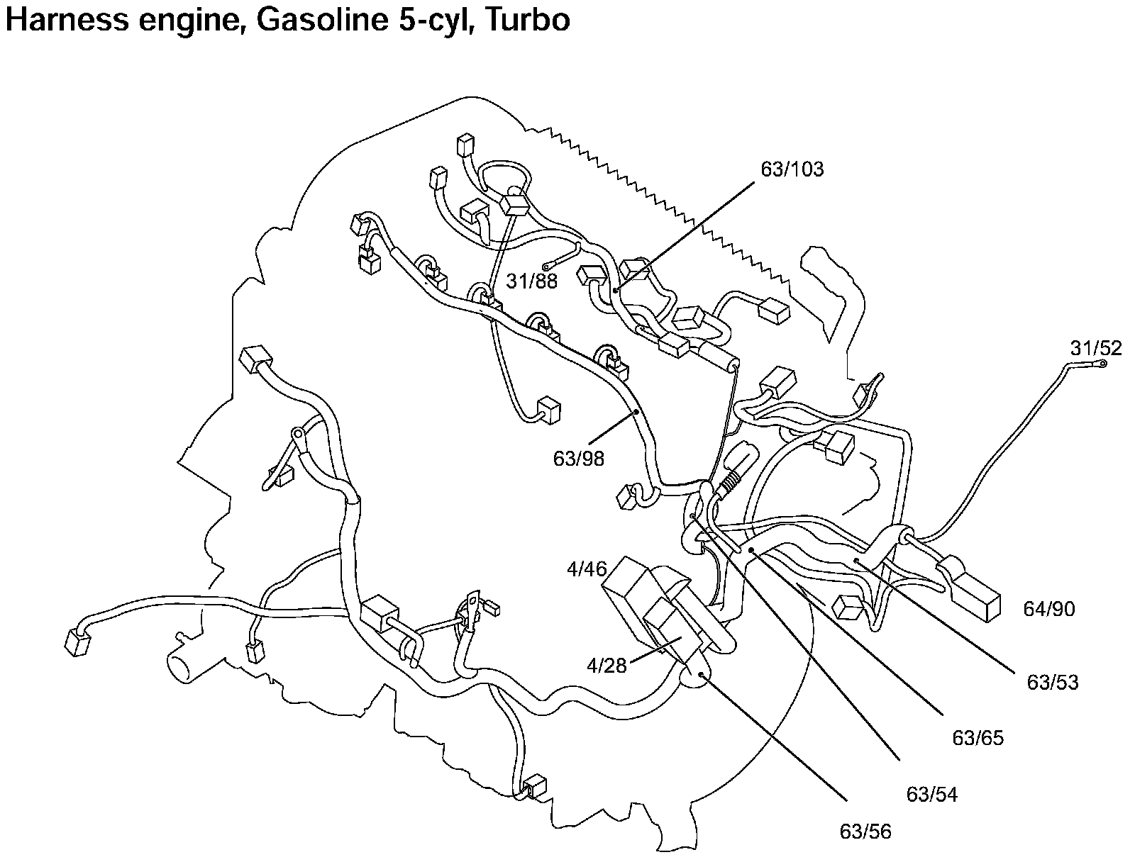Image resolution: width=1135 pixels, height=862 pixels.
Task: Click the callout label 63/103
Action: pos(792,170)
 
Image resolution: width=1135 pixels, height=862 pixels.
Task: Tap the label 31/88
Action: pos(532,281)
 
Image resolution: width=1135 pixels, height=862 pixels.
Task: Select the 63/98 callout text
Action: pos(579,459)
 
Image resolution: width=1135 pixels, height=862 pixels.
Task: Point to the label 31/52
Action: pos(1096,348)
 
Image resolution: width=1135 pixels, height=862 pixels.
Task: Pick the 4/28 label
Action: pos(607,666)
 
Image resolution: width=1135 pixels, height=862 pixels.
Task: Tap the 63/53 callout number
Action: pos(1053,682)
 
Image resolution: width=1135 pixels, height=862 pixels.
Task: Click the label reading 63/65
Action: pos(978,738)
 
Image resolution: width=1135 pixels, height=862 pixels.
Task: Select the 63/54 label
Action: pos(932,795)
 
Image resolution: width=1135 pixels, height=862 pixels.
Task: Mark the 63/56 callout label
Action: pos(865,831)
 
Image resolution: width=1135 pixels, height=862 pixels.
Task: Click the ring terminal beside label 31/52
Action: pos(1102,364)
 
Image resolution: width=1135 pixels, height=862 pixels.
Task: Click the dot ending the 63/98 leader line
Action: pos(637,411)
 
